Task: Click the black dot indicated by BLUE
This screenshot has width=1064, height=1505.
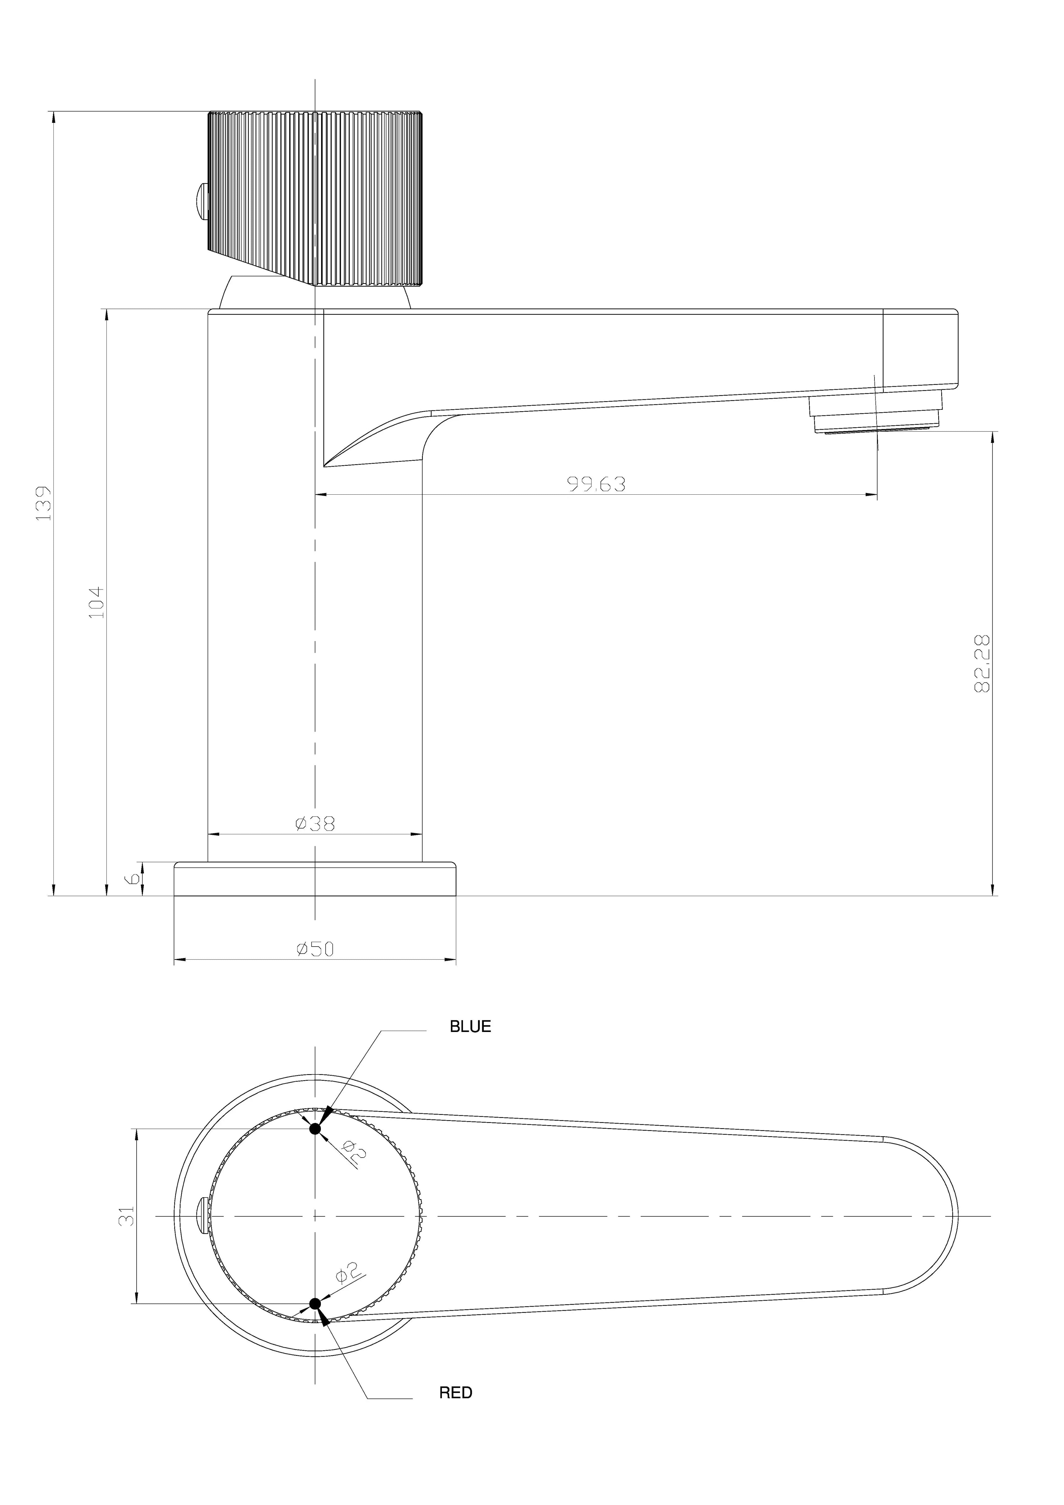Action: click(315, 1128)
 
